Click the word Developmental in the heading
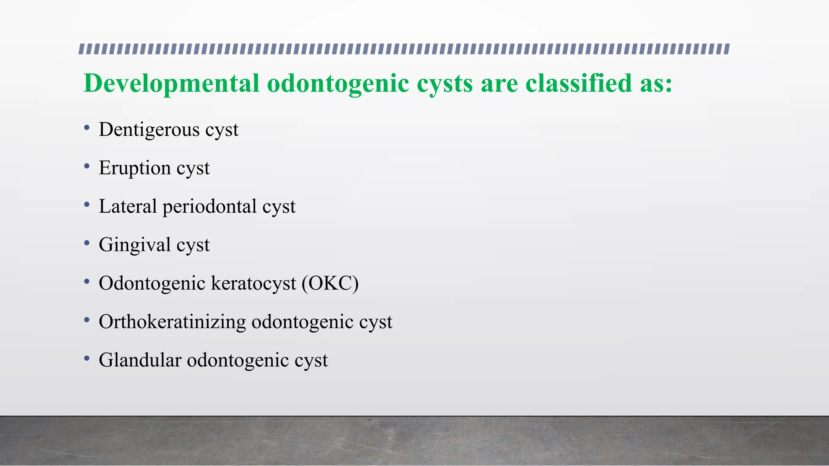[x=171, y=84]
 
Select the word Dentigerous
[x=149, y=130]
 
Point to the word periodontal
[x=209, y=207]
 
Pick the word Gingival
[x=134, y=245]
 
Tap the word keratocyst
[x=253, y=283]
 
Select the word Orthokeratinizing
[x=172, y=322]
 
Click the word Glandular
[x=140, y=360]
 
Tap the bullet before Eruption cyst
[x=87, y=167]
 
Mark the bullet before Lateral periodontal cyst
[x=87, y=205]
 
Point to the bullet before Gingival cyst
[x=87, y=244]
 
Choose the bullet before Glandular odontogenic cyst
[x=87, y=359]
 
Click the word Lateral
[x=128, y=207]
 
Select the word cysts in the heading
[x=444, y=84]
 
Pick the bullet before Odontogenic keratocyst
[x=87, y=282]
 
